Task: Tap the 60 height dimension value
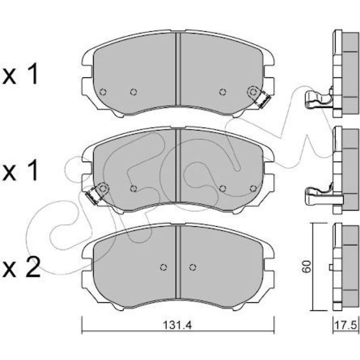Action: (307, 267)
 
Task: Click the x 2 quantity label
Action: (21, 268)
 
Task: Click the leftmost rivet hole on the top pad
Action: (103, 92)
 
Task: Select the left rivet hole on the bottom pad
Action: (163, 267)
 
